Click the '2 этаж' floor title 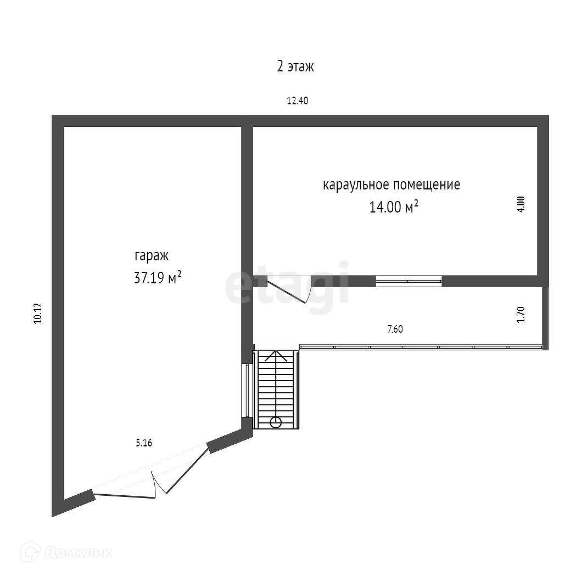295,67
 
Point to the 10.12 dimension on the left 37,314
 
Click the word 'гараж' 152,256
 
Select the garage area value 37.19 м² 158,278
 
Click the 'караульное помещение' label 391,184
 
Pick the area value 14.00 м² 394,208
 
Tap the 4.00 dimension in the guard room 522,204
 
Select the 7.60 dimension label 395,329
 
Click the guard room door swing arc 307,291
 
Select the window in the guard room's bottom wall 409,281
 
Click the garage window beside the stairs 246,390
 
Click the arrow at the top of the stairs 276,355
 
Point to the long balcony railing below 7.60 421,346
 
